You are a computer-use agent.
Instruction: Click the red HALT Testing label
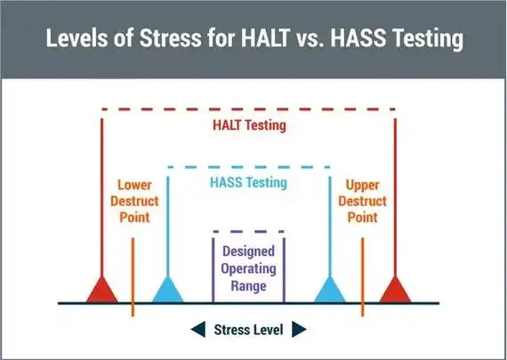pyautogui.click(x=248, y=125)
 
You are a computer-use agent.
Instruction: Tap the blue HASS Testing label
pyautogui.click(x=248, y=183)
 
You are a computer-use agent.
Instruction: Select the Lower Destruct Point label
pyautogui.click(x=133, y=202)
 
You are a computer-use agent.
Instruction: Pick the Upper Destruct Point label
pyautogui.click(x=363, y=202)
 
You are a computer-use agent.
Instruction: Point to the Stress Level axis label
pyautogui.click(x=248, y=330)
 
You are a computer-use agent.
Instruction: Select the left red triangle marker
pyautogui.click(x=102, y=290)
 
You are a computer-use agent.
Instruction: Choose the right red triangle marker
pyautogui.click(x=395, y=290)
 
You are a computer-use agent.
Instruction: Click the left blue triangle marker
pyautogui.click(x=167, y=290)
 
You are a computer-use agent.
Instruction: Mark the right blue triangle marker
pyautogui.click(x=331, y=290)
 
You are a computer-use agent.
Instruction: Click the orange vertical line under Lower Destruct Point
pyautogui.click(x=133, y=276)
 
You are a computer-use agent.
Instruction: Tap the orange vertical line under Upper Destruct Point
pyautogui.click(x=363, y=276)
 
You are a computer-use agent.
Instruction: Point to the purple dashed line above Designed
pyautogui.click(x=248, y=233)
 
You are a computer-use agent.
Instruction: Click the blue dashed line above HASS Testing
pyautogui.click(x=248, y=167)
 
